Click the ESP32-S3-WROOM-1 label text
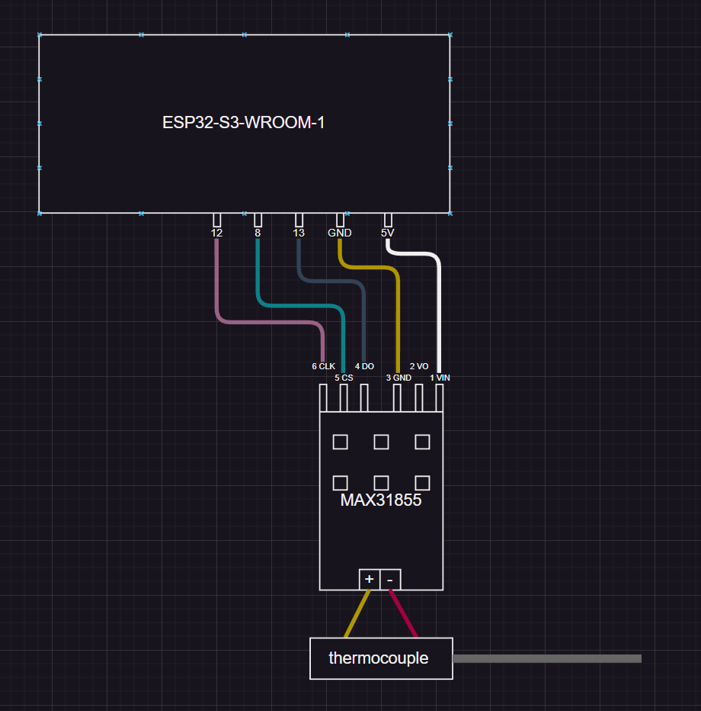pos(244,123)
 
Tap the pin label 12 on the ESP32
pos(217,233)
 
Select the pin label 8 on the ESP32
pos(258,233)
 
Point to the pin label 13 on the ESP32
pos(299,233)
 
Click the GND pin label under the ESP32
pos(340,233)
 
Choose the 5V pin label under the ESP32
pos(388,233)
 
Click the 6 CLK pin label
pos(323,366)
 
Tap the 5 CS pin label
pos(344,378)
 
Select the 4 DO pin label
pos(364,366)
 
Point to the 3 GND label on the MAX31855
pos(399,378)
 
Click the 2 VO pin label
pos(419,366)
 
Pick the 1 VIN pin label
pos(440,378)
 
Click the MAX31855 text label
pos(380,501)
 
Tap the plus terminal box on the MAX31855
pos(369,580)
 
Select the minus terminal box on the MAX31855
pos(390,580)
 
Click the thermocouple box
pos(380,658)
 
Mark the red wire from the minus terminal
pos(403,614)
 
